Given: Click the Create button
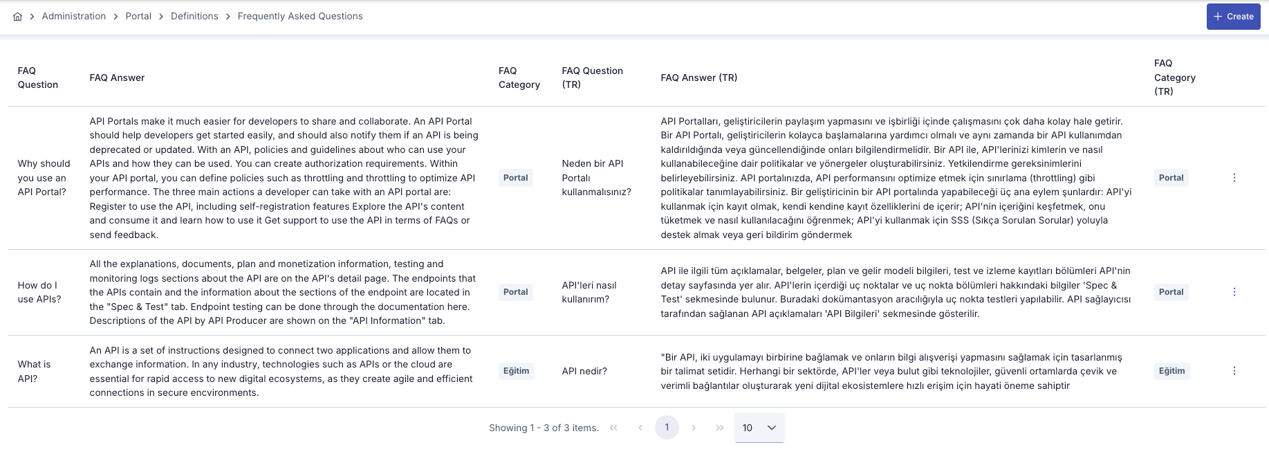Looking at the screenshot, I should click(1233, 17).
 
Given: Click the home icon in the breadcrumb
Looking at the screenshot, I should click(18, 17).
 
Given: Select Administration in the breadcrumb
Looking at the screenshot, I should click(74, 16).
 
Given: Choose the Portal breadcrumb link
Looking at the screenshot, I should click(138, 16).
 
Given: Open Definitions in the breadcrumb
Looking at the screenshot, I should click(194, 16).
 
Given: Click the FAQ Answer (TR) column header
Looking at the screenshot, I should click(698, 78).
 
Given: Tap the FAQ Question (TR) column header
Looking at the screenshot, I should click(592, 78).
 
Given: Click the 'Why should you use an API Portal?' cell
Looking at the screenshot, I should click(44, 178).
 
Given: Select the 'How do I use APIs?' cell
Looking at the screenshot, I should click(39, 292).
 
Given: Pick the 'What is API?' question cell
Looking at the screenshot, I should click(34, 371).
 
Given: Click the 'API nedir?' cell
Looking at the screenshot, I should click(584, 371).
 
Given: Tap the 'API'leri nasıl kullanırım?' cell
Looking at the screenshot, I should click(589, 292).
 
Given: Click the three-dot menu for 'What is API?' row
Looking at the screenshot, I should click(1234, 371).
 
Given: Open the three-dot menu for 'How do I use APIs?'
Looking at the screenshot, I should click(1234, 292).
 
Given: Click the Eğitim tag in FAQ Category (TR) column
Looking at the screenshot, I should click(1171, 371).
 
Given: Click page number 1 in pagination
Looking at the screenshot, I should click(667, 427).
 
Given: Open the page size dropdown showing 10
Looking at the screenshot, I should click(759, 428).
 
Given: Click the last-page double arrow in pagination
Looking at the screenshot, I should click(720, 428).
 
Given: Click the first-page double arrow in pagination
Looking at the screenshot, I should click(613, 428).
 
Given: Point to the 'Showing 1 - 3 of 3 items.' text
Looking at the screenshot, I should click(544, 428).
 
